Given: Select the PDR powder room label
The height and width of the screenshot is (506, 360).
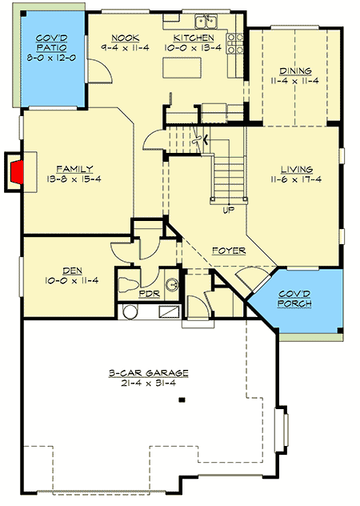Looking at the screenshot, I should [x=150, y=294].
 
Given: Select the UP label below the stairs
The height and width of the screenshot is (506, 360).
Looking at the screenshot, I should [x=228, y=211].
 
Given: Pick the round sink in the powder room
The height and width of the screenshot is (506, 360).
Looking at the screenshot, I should [x=171, y=284].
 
